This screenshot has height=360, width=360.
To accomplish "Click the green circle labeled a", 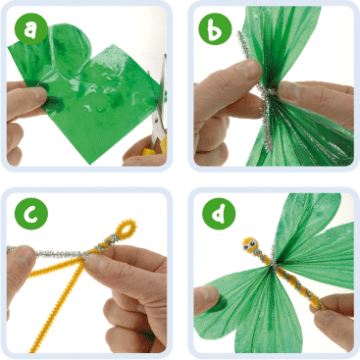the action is (x=31, y=28).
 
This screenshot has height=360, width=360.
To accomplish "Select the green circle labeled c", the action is (x=31, y=214).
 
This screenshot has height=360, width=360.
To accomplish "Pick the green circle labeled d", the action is (x=219, y=214).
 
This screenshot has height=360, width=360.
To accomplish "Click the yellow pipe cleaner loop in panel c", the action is (x=127, y=227).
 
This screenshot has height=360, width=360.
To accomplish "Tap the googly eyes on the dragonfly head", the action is (x=252, y=243).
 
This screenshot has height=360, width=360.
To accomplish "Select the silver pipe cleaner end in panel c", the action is (x=10, y=250).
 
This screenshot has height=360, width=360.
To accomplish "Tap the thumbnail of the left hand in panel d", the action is (x=205, y=295).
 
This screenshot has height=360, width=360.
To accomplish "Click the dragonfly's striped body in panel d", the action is (x=283, y=273).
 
